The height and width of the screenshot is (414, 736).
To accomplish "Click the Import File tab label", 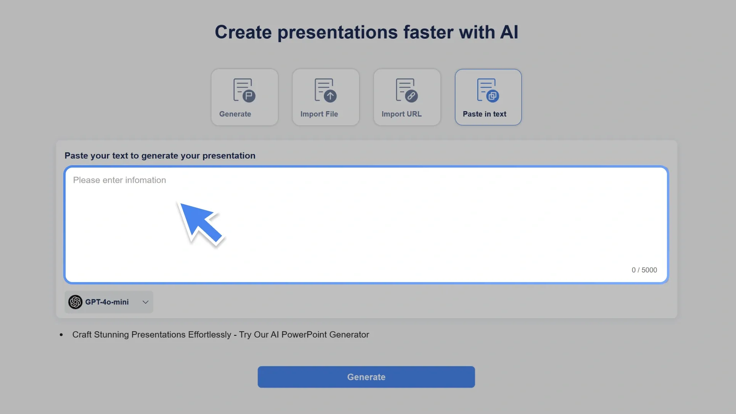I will tap(319, 114).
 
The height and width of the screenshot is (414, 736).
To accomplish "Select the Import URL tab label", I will tap(401, 114).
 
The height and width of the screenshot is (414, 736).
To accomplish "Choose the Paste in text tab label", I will tap(484, 114).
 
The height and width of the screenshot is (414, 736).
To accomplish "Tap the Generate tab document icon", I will tap(244, 90).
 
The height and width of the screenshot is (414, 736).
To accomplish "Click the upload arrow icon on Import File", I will tap(330, 96).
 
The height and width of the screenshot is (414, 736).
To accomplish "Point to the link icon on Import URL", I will tap(411, 96).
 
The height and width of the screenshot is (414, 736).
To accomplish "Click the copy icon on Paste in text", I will tap(493, 96).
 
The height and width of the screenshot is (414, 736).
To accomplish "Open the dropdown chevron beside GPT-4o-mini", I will tap(145, 302).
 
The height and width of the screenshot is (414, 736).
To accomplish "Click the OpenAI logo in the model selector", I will tap(76, 302).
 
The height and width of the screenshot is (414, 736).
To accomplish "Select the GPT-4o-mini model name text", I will tap(107, 302).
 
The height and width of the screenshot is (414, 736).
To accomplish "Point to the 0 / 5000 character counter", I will tap(644, 270).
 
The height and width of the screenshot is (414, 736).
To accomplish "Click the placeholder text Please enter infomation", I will tap(120, 180).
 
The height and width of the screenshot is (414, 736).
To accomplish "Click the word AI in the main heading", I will tap(509, 32).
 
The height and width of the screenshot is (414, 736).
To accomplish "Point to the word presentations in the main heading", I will tap(338, 32).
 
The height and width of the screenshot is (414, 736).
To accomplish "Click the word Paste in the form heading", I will tap(76, 156).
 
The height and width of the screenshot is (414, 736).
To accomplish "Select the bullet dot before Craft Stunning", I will tap(61, 335).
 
